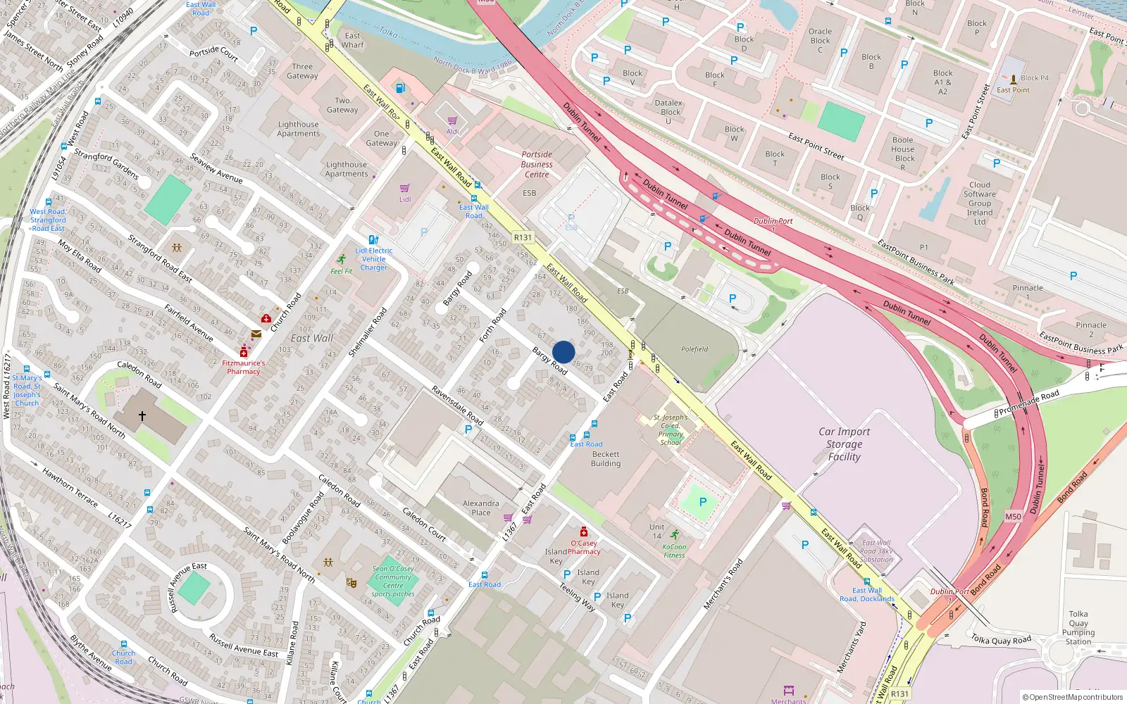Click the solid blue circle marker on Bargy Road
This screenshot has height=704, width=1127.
click(563, 352)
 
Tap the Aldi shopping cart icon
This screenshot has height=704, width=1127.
click(452, 121)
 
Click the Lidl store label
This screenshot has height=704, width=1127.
click(405, 199)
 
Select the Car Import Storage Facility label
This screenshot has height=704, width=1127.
click(844, 444)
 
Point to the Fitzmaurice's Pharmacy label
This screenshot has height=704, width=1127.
click(244, 367)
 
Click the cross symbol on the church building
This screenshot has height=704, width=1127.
click(142, 416)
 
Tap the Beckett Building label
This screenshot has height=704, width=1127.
click(606, 459)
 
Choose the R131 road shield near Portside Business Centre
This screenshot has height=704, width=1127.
click(523, 238)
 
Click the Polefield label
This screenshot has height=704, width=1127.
click(695, 349)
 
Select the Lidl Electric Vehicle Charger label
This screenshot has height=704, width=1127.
click(374, 259)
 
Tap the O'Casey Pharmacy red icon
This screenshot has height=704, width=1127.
click(583, 532)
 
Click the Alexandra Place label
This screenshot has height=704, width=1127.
click(481, 508)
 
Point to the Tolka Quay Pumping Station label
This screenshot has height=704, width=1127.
click(1078, 628)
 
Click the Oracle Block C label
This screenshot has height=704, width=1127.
click(820, 41)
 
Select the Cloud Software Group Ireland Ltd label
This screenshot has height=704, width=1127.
click(980, 203)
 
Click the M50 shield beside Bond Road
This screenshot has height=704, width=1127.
click(1013, 517)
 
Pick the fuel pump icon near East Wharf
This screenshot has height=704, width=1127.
click(400, 89)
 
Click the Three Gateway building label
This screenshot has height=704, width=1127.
click(302, 71)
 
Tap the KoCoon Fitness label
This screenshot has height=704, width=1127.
click(674, 551)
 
